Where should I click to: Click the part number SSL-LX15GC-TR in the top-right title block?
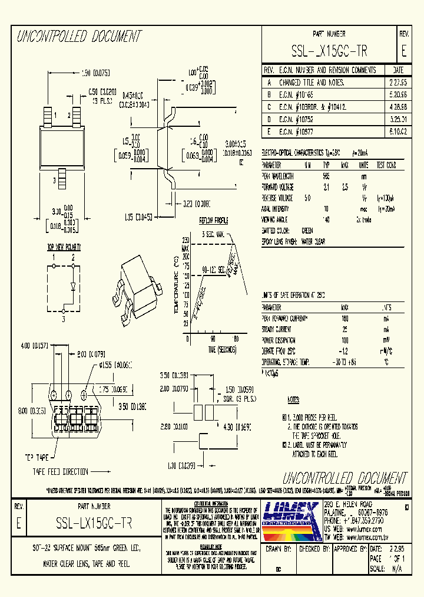329,51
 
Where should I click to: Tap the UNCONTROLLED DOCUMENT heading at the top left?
79,37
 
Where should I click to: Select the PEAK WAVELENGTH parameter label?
278,176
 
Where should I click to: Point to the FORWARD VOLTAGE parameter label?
278,186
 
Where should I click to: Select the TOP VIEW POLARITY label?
64,248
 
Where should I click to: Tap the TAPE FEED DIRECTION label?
60,471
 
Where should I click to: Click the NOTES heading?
293,399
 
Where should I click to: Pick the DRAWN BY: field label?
280,548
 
